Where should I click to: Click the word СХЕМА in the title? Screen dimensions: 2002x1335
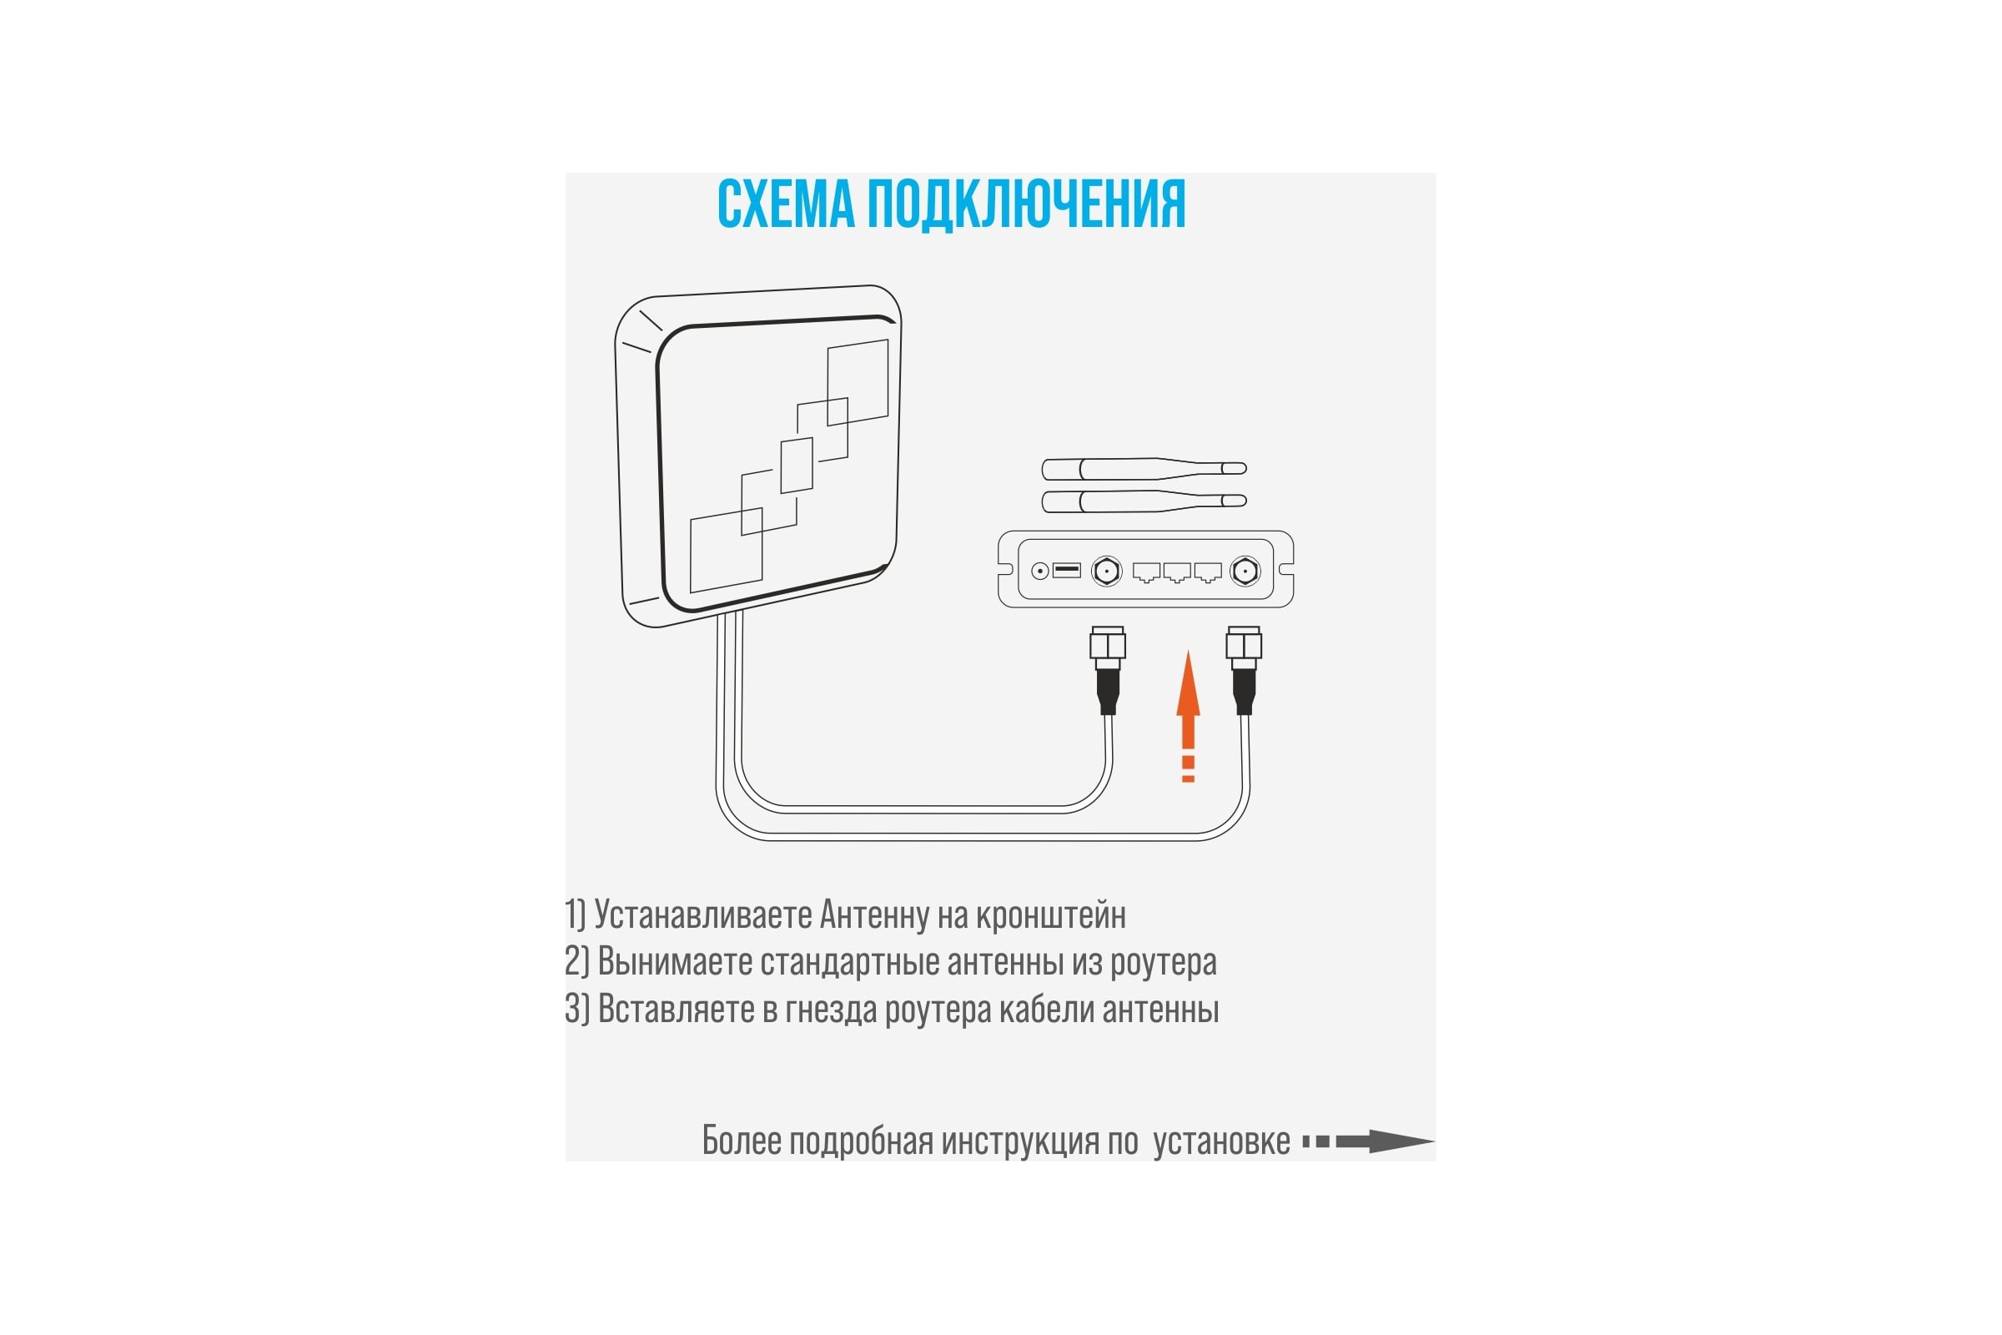click(x=786, y=204)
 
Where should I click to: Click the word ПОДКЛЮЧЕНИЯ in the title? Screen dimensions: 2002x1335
click(x=1027, y=204)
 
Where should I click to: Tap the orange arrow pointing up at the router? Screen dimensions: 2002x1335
click(x=1188, y=716)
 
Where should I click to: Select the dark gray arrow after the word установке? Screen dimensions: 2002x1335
click(x=1369, y=1141)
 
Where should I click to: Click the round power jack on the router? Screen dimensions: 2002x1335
click(x=1039, y=572)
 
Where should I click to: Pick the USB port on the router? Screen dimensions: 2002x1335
click(x=1067, y=570)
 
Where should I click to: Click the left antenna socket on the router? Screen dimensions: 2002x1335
click(x=1107, y=572)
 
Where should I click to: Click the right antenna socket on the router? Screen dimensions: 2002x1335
click(x=1245, y=572)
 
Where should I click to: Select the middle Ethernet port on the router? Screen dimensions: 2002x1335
click(x=1177, y=572)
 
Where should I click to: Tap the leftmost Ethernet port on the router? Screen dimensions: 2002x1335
click(x=1146, y=572)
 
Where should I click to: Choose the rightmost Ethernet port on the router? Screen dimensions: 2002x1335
click(x=1208, y=572)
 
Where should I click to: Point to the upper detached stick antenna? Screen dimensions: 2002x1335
click(x=1144, y=468)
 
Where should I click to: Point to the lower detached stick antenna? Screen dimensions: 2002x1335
click(x=1144, y=501)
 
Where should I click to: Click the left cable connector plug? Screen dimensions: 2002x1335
click(x=1108, y=670)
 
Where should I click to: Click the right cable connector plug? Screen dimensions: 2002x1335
click(x=1244, y=670)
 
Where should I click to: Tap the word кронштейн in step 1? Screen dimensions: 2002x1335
click(x=1050, y=915)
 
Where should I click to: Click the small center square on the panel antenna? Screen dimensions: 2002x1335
click(x=797, y=465)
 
